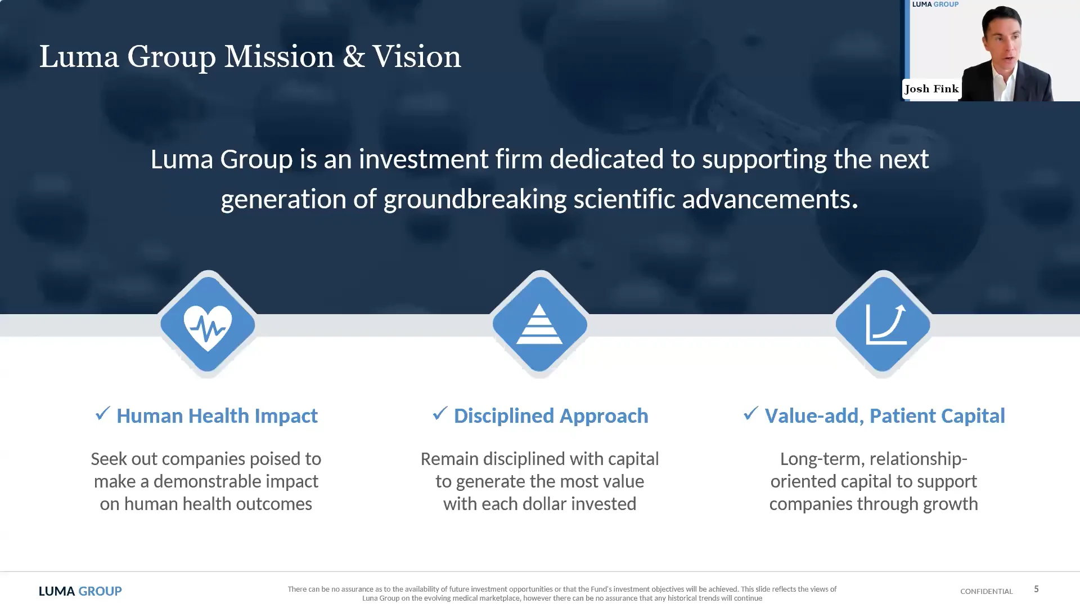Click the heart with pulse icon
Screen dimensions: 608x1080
pyautogui.click(x=208, y=326)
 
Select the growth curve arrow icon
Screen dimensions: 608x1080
pyautogui.click(x=885, y=324)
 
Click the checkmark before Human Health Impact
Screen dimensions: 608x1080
pyautogui.click(x=103, y=414)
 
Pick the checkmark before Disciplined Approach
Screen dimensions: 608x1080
pyautogui.click(x=440, y=414)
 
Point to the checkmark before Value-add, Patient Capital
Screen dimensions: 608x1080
pyautogui.click(x=750, y=414)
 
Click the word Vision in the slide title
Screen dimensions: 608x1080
pyautogui.click(x=416, y=57)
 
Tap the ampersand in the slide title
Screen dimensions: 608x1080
pyautogui.click(x=353, y=57)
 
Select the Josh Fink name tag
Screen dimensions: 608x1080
pyautogui.click(x=931, y=89)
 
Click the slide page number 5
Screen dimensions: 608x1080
pyautogui.click(x=1036, y=589)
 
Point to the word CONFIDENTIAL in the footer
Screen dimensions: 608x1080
pyautogui.click(x=986, y=591)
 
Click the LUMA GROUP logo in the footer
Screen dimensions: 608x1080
pyautogui.click(x=80, y=591)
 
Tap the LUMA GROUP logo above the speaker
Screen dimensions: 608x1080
pyautogui.click(x=935, y=5)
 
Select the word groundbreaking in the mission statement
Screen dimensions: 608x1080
pyautogui.click(x=475, y=199)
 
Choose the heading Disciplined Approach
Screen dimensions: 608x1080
pyautogui.click(x=551, y=416)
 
